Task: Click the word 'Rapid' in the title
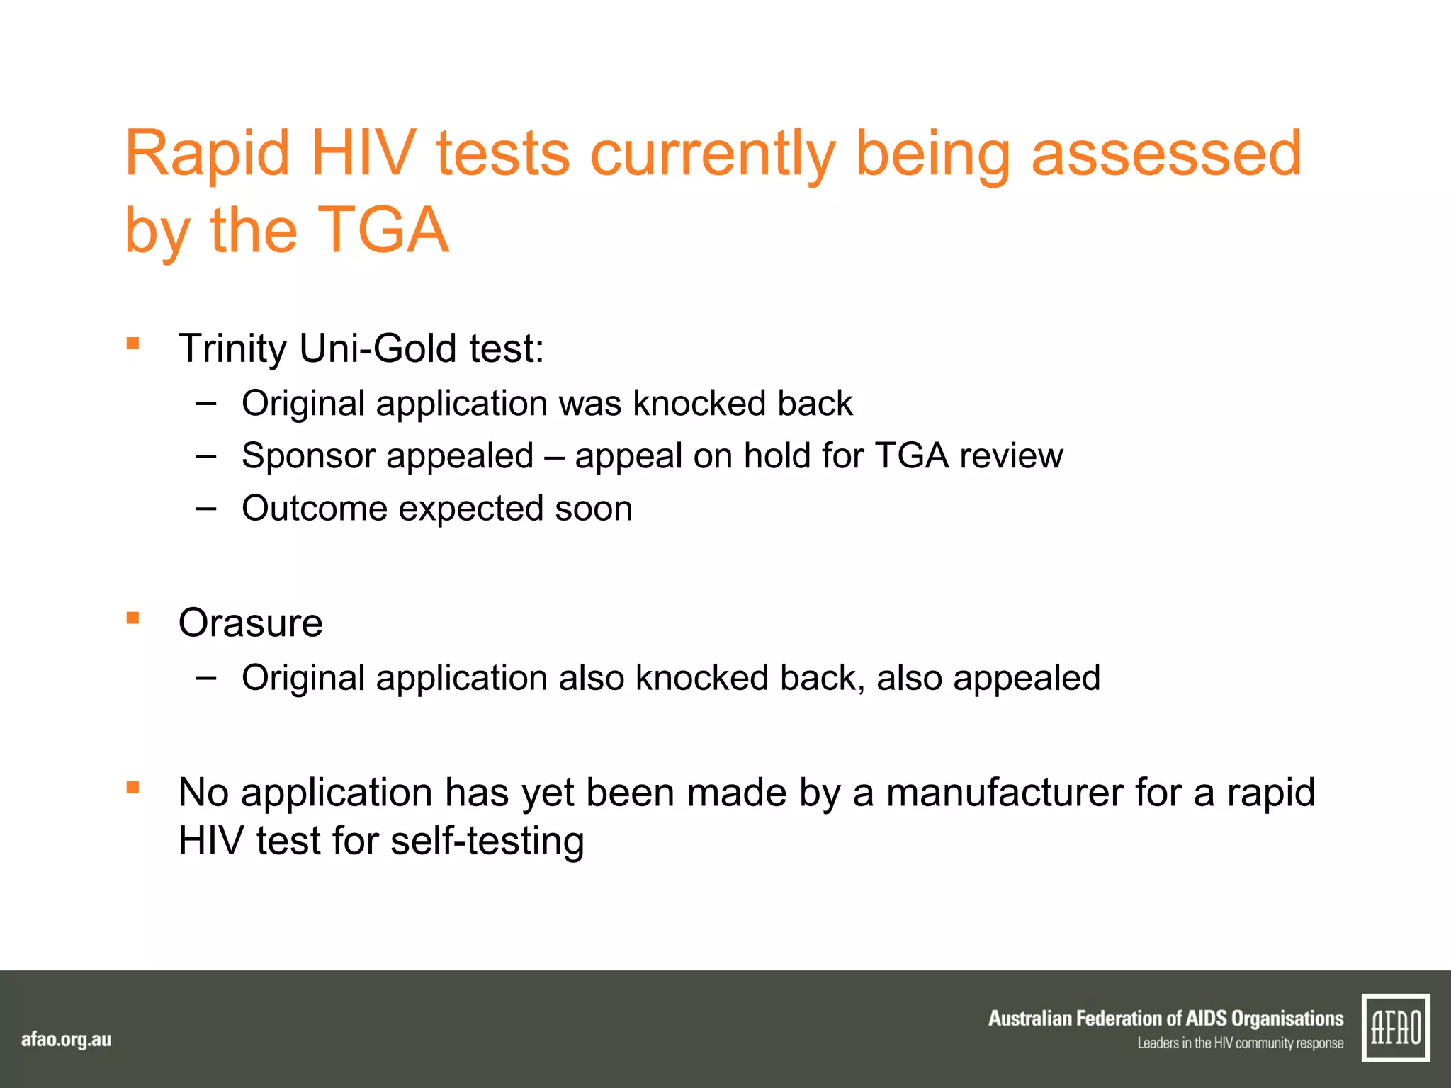[x=207, y=154]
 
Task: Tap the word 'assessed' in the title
[x=1165, y=154]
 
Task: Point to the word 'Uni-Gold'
[x=378, y=348]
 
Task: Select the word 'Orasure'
[x=250, y=623]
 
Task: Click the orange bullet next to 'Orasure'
[x=132, y=618]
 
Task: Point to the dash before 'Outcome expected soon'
[x=205, y=508]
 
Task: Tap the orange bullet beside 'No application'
[x=132, y=788]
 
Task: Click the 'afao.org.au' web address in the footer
[x=66, y=1040]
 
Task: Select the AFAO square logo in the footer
[x=1395, y=1028]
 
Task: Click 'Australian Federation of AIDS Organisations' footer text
[x=1165, y=1019]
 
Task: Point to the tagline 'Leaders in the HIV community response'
[x=1240, y=1043]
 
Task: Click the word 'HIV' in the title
[x=363, y=154]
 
